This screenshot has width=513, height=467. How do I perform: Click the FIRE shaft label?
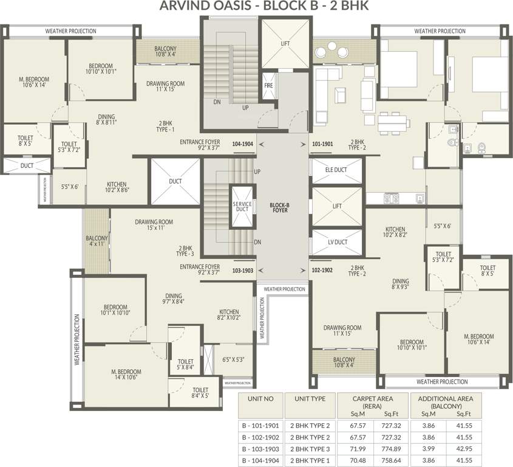click(x=269, y=86)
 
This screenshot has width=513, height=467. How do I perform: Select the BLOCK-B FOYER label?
click(x=279, y=208)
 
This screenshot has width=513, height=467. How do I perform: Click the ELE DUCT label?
click(x=336, y=170)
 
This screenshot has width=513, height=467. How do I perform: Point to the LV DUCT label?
click(x=336, y=242)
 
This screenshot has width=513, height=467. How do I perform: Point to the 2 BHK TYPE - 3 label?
click(x=185, y=251)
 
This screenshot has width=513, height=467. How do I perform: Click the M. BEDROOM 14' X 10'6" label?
click(x=126, y=375)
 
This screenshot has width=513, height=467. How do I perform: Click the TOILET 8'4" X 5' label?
click(x=200, y=393)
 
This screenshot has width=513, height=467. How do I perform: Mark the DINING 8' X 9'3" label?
click(x=400, y=285)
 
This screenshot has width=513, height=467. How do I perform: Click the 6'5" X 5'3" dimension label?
click(x=233, y=359)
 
